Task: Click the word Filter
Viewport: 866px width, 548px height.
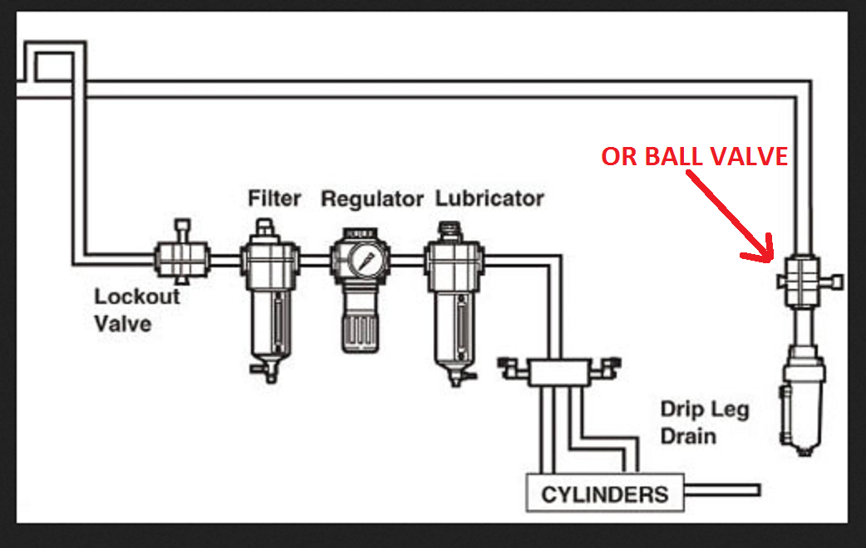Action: point(275,199)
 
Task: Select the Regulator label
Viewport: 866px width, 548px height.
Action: point(372,199)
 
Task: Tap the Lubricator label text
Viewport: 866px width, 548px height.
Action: point(490,199)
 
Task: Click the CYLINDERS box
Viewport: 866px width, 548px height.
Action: point(604,495)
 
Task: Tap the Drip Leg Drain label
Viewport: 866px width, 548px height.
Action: point(705,422)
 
